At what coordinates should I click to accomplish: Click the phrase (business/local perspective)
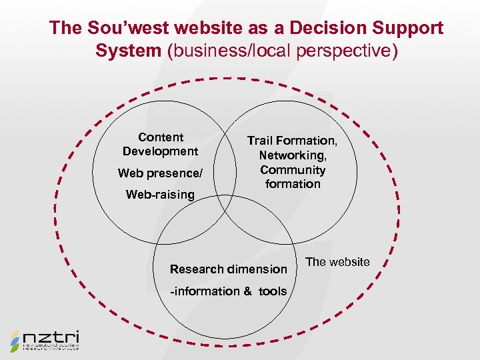pos(282,51)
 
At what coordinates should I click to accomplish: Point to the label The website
pos(337,262)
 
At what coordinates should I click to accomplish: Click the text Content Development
pos(160,144)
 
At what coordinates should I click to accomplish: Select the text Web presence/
pos(159,173)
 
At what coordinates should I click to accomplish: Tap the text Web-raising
pos(160,195)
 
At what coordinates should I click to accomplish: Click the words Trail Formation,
pos(292,141)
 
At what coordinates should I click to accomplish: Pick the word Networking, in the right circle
pos(292,155)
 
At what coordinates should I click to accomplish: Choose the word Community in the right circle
pos(292,169)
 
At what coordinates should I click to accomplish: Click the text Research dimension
pos(228,269)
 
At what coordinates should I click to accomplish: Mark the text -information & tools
pos(228,291)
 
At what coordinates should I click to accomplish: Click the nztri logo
pos(45,340)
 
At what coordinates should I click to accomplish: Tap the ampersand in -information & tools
pos(247,291)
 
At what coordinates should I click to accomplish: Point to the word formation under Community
pos(292,184)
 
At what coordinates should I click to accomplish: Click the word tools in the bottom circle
pos(273,291)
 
